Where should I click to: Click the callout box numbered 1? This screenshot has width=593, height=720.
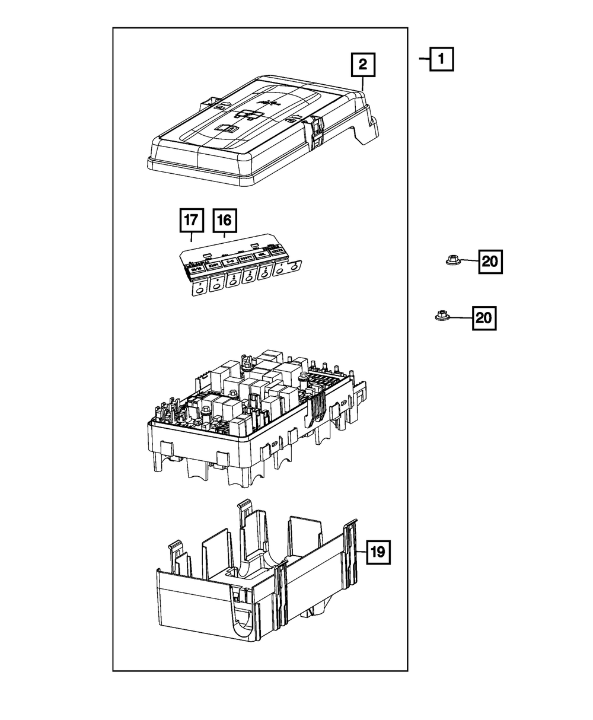pyautogui.click(x=442, y=59)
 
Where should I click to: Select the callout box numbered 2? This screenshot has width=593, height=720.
pyautogui.click(x=362, y=65)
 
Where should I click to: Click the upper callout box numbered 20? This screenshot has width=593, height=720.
pyautogui.click(x=490, y=262)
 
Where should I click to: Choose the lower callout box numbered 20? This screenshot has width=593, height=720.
pyautogui.click(x=484, y=318)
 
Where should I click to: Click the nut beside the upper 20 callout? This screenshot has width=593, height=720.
pyautogui.click(x=452, y=260)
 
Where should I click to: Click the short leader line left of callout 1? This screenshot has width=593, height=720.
pyautogui.click(x=423, y=59)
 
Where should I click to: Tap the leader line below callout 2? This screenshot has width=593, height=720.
pyautogui.click(x=362, y=84)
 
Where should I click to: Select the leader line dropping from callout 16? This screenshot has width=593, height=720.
pyautogui.click(x=224, y=235)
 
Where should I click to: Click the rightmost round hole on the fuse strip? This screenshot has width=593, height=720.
pyautogui.click(x=294, y=267)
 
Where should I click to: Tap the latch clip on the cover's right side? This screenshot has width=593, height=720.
pyautogui.click(x=315, y=130)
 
